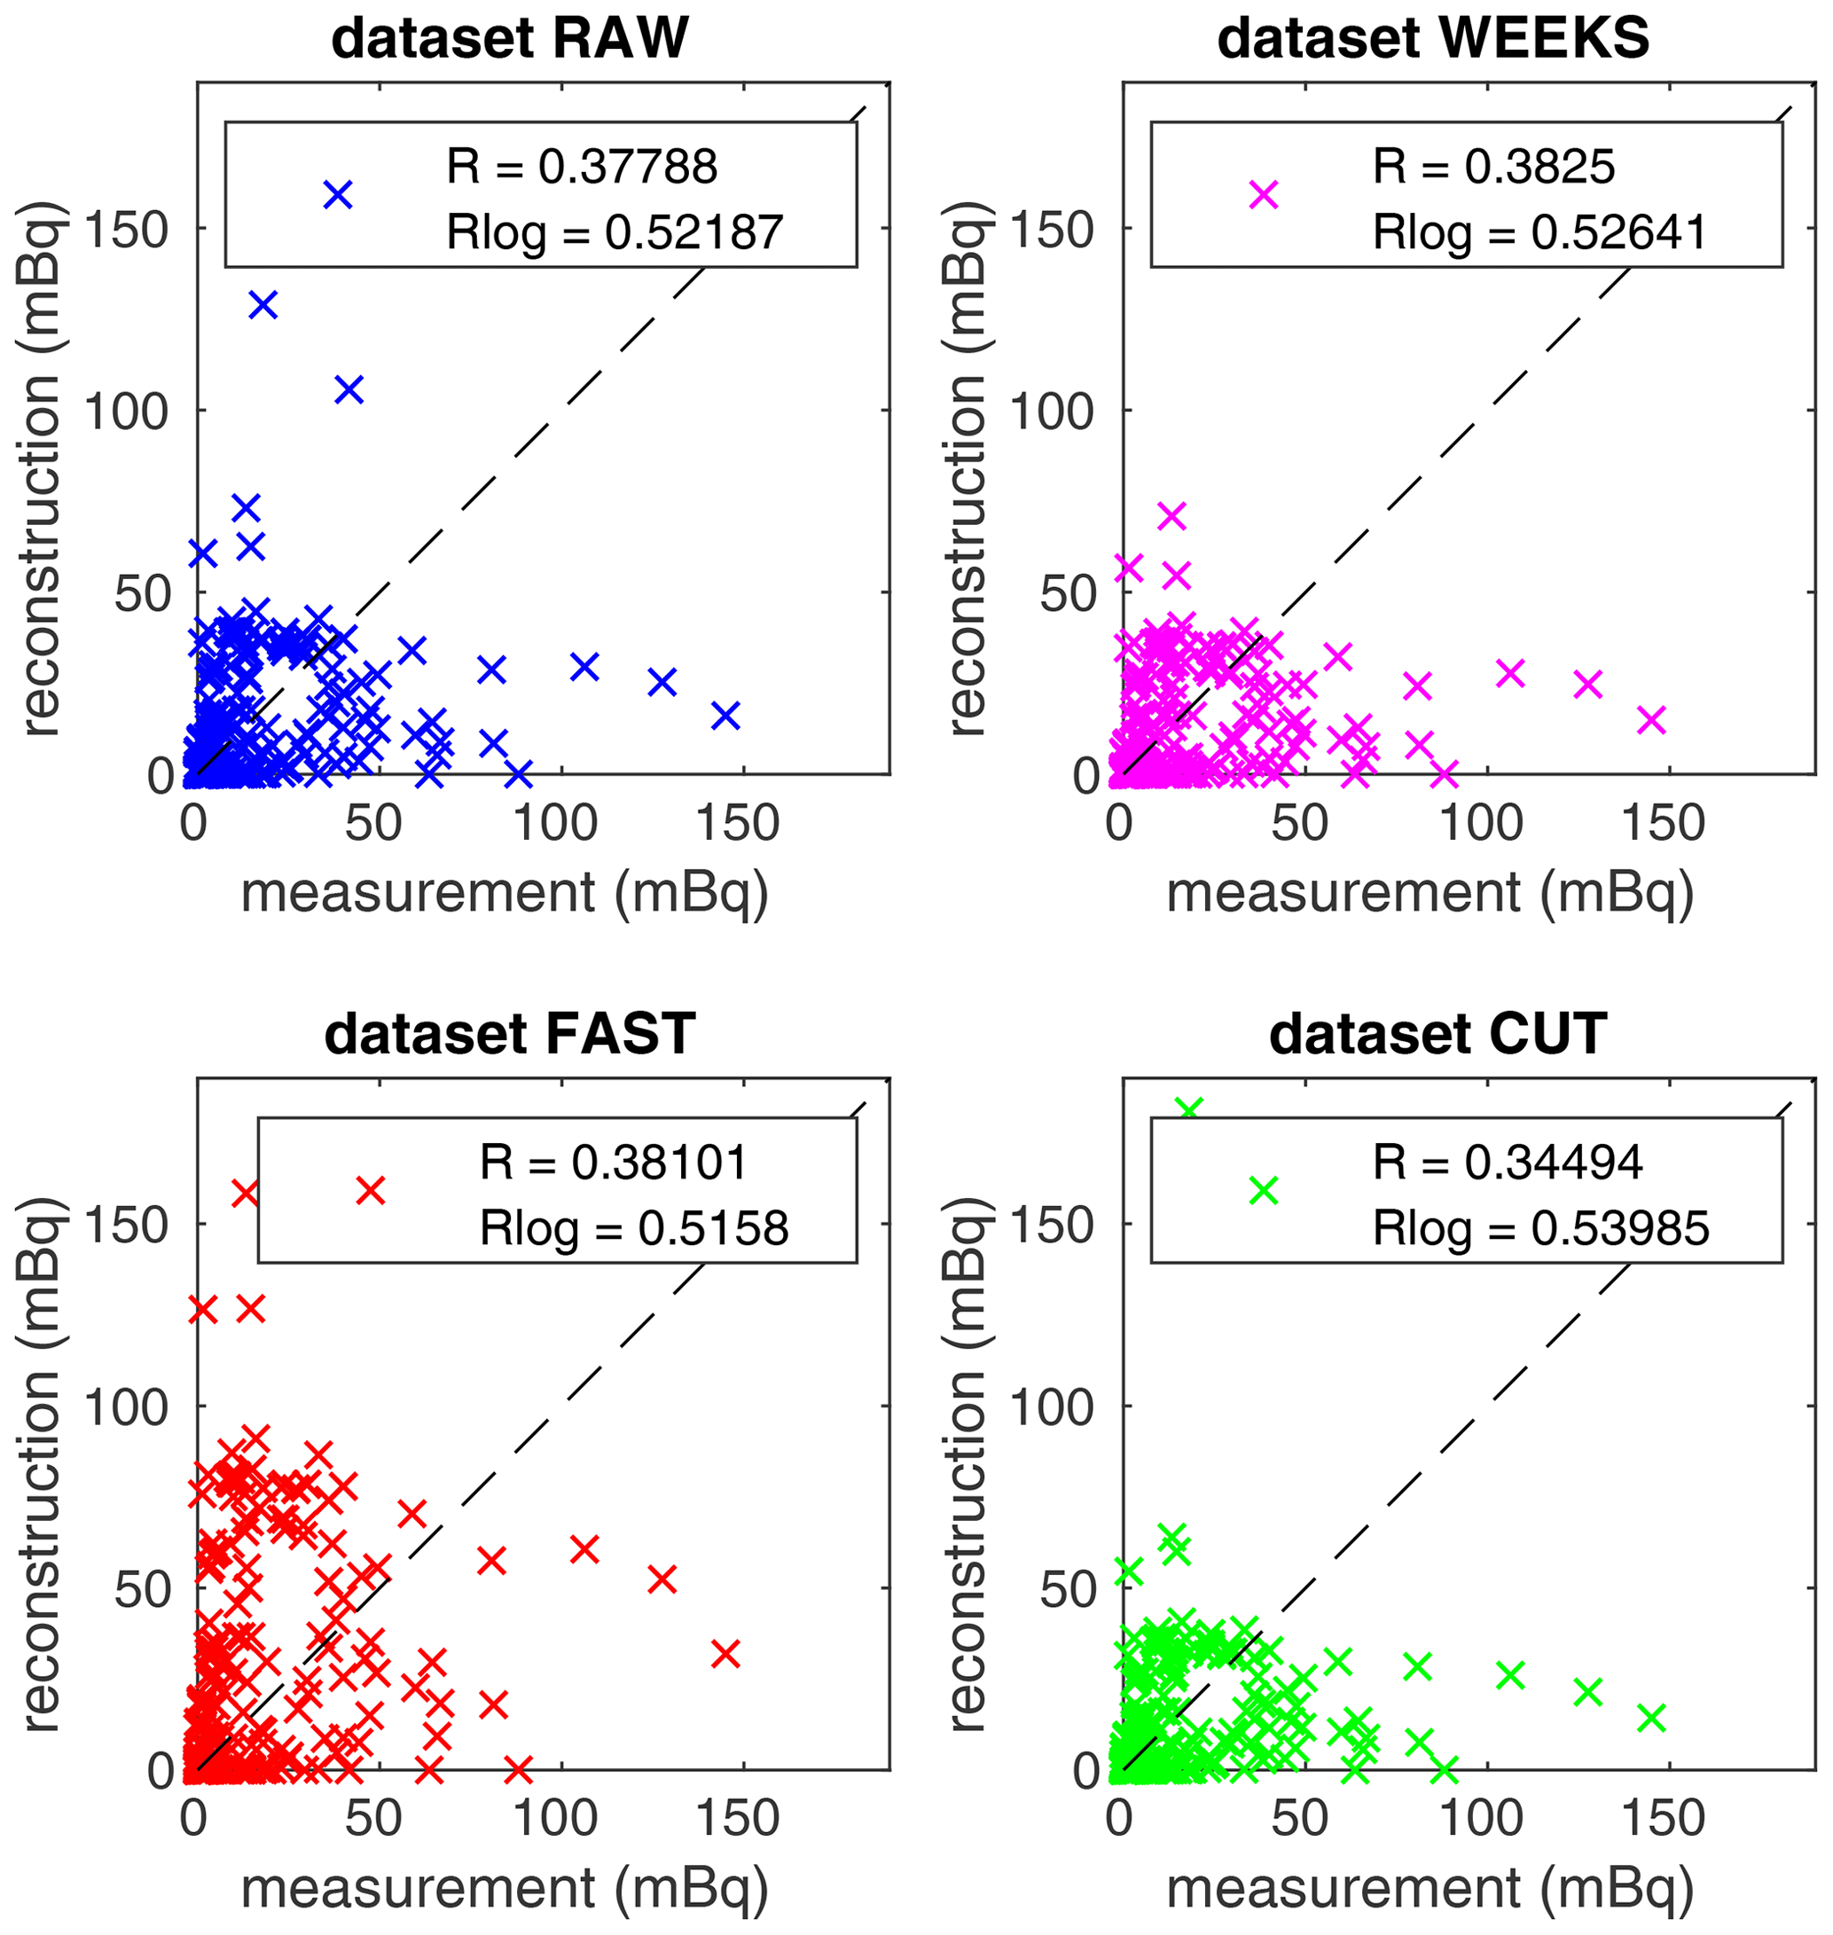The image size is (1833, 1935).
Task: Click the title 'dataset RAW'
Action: [x=510, y=39]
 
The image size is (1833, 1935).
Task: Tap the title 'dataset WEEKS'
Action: [x=1433, y=39]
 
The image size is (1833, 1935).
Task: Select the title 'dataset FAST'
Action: [x=510, y=1034]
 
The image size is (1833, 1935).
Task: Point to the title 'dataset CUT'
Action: [x=1437, y=1034]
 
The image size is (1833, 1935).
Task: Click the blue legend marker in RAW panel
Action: [x=337, y=194]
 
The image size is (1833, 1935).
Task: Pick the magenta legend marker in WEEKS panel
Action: [x=1264, y=194]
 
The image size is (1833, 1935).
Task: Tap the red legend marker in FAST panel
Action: [x=371, y=1189]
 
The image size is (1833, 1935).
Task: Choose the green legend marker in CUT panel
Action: [x=1264, y=1189]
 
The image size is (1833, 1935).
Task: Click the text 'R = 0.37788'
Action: [x=583, y=167]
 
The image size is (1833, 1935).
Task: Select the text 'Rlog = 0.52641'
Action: [x=1539, y=232]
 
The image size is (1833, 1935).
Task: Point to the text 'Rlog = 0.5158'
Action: [x=634, y=1228]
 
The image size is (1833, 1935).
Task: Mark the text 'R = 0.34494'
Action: [x=1508, y=1162]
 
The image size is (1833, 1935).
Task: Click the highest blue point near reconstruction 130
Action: [x=262, y=305]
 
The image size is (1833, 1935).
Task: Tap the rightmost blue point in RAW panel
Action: [x=725, y=716]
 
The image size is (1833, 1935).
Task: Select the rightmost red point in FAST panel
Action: [x=725, y=1654]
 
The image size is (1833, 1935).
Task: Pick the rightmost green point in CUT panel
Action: [x=1651, y=1717]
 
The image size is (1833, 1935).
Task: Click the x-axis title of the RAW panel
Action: [x=505, y=893]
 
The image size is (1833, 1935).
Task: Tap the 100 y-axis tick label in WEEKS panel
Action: [x=1050, y=411]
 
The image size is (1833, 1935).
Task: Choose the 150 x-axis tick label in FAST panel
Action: [x=738, y=1819]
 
